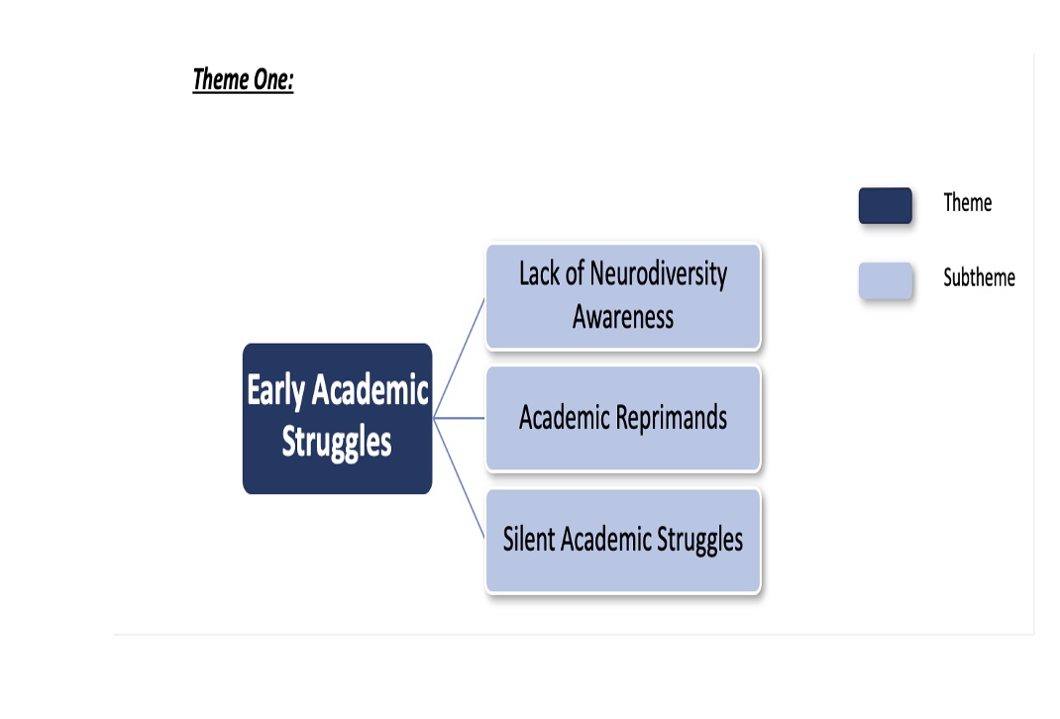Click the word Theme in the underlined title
221,80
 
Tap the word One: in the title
273,80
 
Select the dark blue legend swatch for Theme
886,205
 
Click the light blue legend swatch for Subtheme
886,280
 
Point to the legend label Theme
968,203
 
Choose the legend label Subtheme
979,277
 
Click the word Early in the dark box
275,390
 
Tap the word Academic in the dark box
370,390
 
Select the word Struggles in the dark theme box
337,443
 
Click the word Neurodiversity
659,274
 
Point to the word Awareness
623,317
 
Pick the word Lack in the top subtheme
540,273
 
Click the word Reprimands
672,418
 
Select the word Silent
529,539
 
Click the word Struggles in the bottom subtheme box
699,541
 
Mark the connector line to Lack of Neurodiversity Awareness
459,359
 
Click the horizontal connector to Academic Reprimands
459,418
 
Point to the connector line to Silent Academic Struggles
459,478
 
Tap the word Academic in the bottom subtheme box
605,539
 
